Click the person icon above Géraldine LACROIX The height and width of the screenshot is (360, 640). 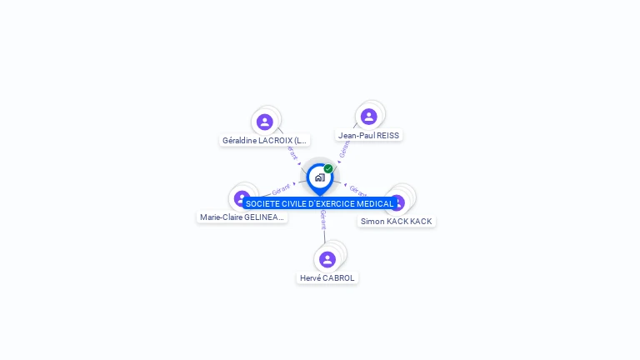265,122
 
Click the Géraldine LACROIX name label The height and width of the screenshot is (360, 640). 265,141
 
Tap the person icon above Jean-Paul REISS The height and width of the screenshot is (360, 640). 369,117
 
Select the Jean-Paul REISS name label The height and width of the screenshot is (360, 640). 369,135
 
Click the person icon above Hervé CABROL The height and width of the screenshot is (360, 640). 327,259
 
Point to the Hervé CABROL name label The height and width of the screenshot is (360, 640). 327,277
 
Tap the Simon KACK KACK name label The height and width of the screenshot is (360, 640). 397,221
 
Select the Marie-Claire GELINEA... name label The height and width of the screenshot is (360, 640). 242,217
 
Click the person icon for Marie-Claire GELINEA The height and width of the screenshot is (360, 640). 241,197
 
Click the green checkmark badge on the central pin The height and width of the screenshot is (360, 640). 328,168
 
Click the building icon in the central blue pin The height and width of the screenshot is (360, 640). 319,177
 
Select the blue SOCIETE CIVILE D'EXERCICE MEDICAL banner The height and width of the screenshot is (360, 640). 319,203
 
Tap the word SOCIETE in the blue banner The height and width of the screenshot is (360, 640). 262,203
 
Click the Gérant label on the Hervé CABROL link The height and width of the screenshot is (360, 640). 323,219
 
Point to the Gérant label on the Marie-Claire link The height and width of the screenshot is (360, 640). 281,190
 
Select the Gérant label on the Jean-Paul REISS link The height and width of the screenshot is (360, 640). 343,148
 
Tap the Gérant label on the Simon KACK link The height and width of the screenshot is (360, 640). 357,191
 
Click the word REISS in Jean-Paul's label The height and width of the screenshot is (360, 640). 388,135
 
